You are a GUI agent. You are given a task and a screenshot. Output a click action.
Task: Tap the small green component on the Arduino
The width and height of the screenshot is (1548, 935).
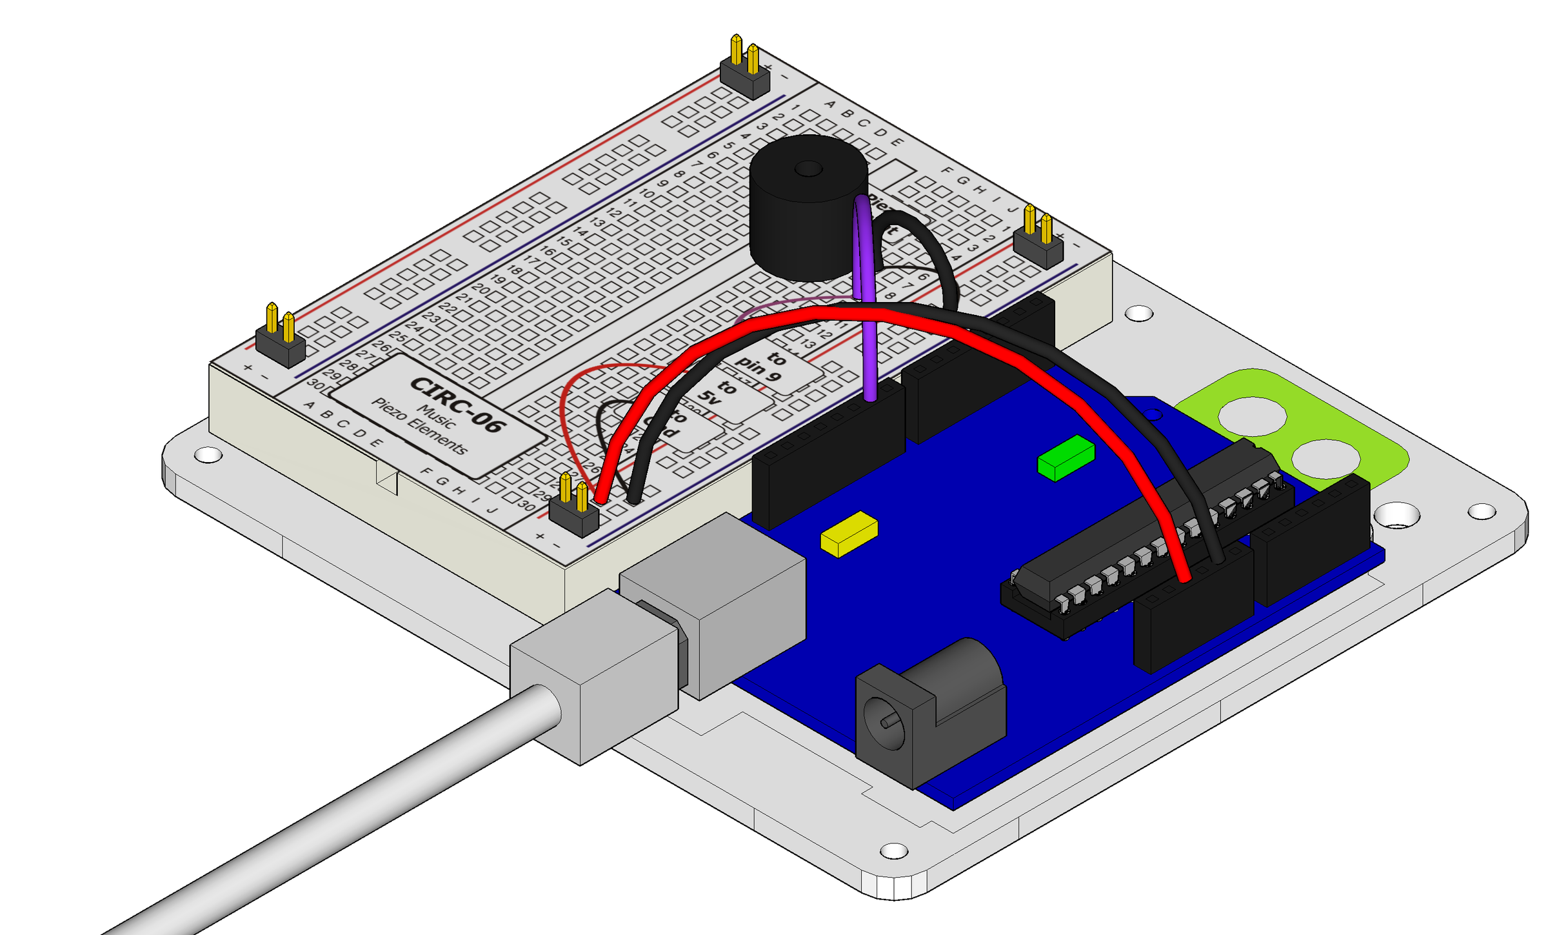pos(1066,457)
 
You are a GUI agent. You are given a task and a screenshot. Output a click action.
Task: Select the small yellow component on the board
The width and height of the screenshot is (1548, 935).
pos(849,534)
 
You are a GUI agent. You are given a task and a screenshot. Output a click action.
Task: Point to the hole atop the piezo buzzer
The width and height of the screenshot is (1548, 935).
pos(808,169)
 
